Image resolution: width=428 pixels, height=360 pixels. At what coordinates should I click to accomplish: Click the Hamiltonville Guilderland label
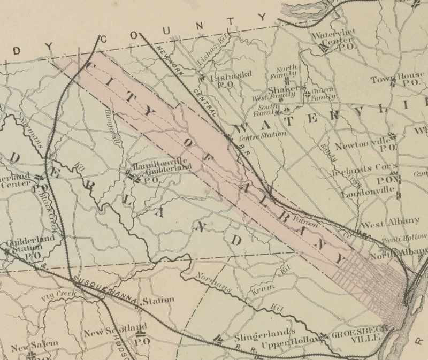click(x=162, y=166)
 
